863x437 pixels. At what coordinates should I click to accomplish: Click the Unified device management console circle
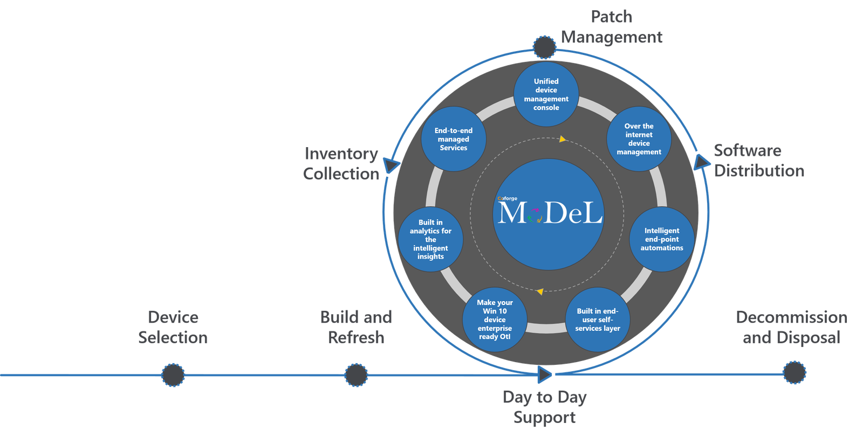click(x=546, y=94)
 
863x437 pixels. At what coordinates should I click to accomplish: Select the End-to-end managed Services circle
click(x=453, y=139)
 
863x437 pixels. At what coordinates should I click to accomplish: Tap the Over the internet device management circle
click(x=639, y=139)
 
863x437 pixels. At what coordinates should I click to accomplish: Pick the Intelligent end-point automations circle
click(x=662, y=239)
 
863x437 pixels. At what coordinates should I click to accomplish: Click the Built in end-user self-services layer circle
click(x=598, y=320)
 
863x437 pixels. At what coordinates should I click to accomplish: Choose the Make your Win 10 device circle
click(x=495, y=320)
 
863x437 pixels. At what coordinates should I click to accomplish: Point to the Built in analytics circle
click(x=430, y=239)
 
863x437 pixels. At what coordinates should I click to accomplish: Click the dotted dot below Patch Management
click(x=545, y=47)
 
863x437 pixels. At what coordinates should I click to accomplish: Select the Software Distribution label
click(x=759, y=161)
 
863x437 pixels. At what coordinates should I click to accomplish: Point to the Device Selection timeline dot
click(x=173, y=375)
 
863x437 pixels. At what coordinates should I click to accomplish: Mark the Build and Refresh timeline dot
click(x=356, y=375)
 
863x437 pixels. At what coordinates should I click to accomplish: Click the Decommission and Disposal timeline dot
click(x=794, y=373)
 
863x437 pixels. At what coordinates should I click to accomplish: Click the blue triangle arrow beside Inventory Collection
click(x=391, y=164)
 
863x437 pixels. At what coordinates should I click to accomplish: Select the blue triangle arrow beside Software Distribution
click(x=701, y=163)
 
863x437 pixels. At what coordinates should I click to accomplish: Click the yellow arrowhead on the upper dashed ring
click(x=563, y=139)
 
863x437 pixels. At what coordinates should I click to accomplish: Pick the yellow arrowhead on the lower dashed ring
click(x=540, y=292)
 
